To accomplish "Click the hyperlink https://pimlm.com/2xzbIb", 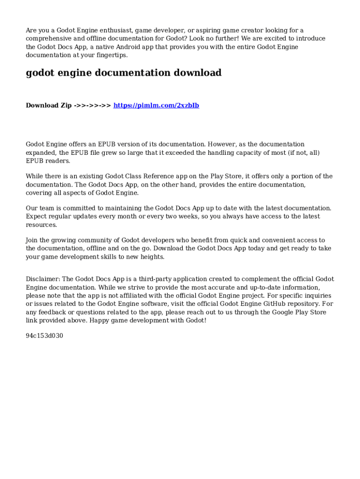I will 156,105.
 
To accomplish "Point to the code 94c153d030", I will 44,335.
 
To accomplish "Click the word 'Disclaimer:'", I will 43,279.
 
